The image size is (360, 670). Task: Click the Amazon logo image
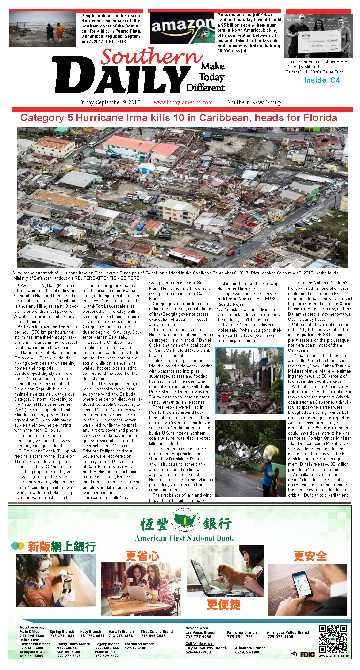click(x=182, y=28)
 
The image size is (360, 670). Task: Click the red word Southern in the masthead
click(x=152, y=57)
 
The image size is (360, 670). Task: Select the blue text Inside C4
click(x=322, y=80)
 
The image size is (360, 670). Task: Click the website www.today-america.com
click(x=183, y=102)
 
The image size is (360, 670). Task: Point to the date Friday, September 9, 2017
click(x=109, y=102)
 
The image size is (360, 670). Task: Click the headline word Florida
click(x=320, y=118)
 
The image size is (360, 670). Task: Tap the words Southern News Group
click(x=254, y=102)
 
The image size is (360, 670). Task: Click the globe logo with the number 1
click(x=185, y=521)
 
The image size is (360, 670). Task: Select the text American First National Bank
click(x=184, y=538)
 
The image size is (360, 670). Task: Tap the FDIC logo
click(x=307, y=655)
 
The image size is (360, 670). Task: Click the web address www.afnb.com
click(x=334, y=656)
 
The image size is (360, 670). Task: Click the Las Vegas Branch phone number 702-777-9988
click(x=198, y=637)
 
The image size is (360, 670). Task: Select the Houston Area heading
click(x=32, y=627)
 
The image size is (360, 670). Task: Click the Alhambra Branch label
click(x=250, y=648)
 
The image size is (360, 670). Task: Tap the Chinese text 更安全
click(x=310, y=556)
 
